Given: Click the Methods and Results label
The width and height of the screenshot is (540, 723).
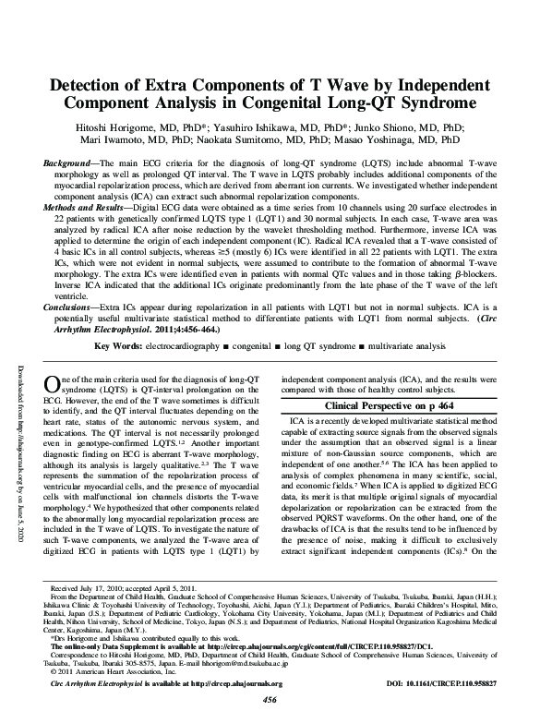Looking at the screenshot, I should tap(89, 211).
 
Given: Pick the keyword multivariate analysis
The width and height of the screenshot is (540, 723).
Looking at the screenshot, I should tap(404, 345).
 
